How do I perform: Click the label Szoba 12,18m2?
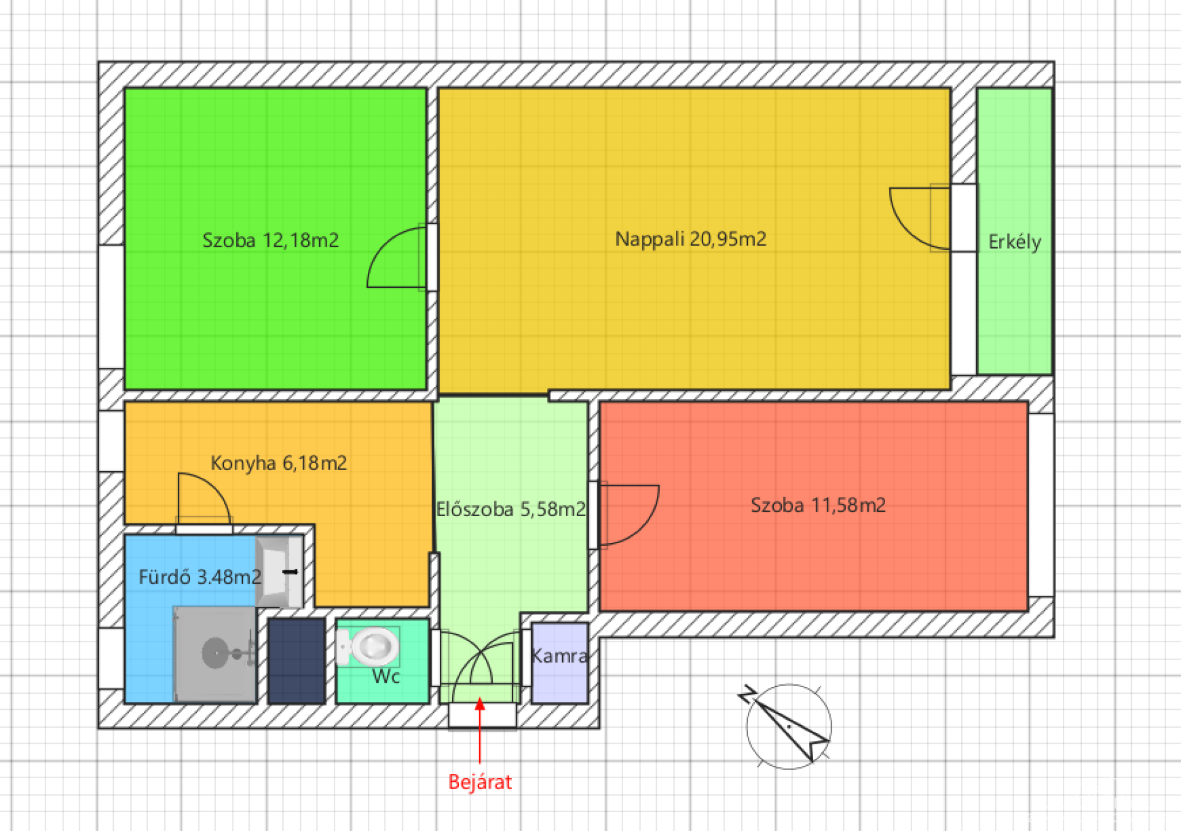pyautogui.click(x=271, y=240)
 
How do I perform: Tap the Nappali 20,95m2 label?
pyautogui.click(x=691, y=239)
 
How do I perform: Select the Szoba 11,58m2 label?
pyautogui.click(x=818, y=505)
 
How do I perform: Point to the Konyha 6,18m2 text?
pyautogui.click(x=279, y=463)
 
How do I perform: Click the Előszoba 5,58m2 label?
pyautogui.click(x=511, y=509)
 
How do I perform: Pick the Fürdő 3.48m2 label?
pyautogui.click(x=200, y=577)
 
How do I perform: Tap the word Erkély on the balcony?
pyautogui.click(x=1015, y=242)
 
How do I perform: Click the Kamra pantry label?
pyautogui.click(x=559, y=656)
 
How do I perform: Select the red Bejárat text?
pyautogui.click(x=480, y=782)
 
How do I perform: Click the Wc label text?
pyautogui.click(x=386, y=677)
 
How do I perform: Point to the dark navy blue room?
pyautogui.click(x=296, y=661)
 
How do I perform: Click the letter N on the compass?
pyautogui.click(x=747, y=694)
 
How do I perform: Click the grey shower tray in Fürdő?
pyautogui.click(x=215, y=654)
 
